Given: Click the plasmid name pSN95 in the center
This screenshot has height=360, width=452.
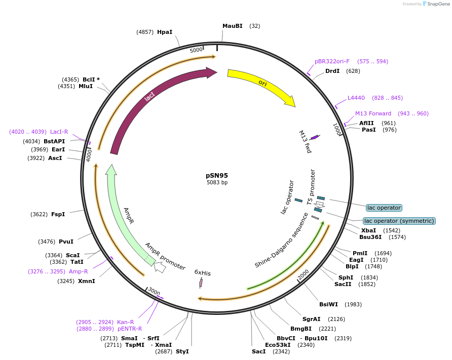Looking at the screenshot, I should point(217,175).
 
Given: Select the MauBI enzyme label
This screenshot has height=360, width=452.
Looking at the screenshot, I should point(233,26).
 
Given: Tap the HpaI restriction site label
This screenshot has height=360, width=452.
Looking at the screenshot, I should point(165,32).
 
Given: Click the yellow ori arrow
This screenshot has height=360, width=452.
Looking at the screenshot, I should point(260,83).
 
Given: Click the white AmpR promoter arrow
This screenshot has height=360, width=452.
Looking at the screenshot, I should point(160,267).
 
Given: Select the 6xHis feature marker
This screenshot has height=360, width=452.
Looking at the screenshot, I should point(201,282).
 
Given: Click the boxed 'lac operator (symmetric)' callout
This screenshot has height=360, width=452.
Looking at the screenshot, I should point(399,221).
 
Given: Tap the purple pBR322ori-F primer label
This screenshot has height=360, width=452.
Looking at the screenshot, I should point(332,61).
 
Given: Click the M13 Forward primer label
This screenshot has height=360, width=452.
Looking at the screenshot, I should point(373,113).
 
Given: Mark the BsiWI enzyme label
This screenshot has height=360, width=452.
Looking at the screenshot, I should point(328,304).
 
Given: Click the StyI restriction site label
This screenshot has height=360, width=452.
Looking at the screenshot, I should point(182,351).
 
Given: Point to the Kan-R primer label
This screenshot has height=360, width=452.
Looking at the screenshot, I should point(126,322).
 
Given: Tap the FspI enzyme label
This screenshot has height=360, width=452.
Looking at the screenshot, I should point(58,214).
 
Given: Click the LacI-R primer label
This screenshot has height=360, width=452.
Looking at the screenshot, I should point(59,132).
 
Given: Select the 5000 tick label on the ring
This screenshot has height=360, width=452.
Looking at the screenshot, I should point(196,50).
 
